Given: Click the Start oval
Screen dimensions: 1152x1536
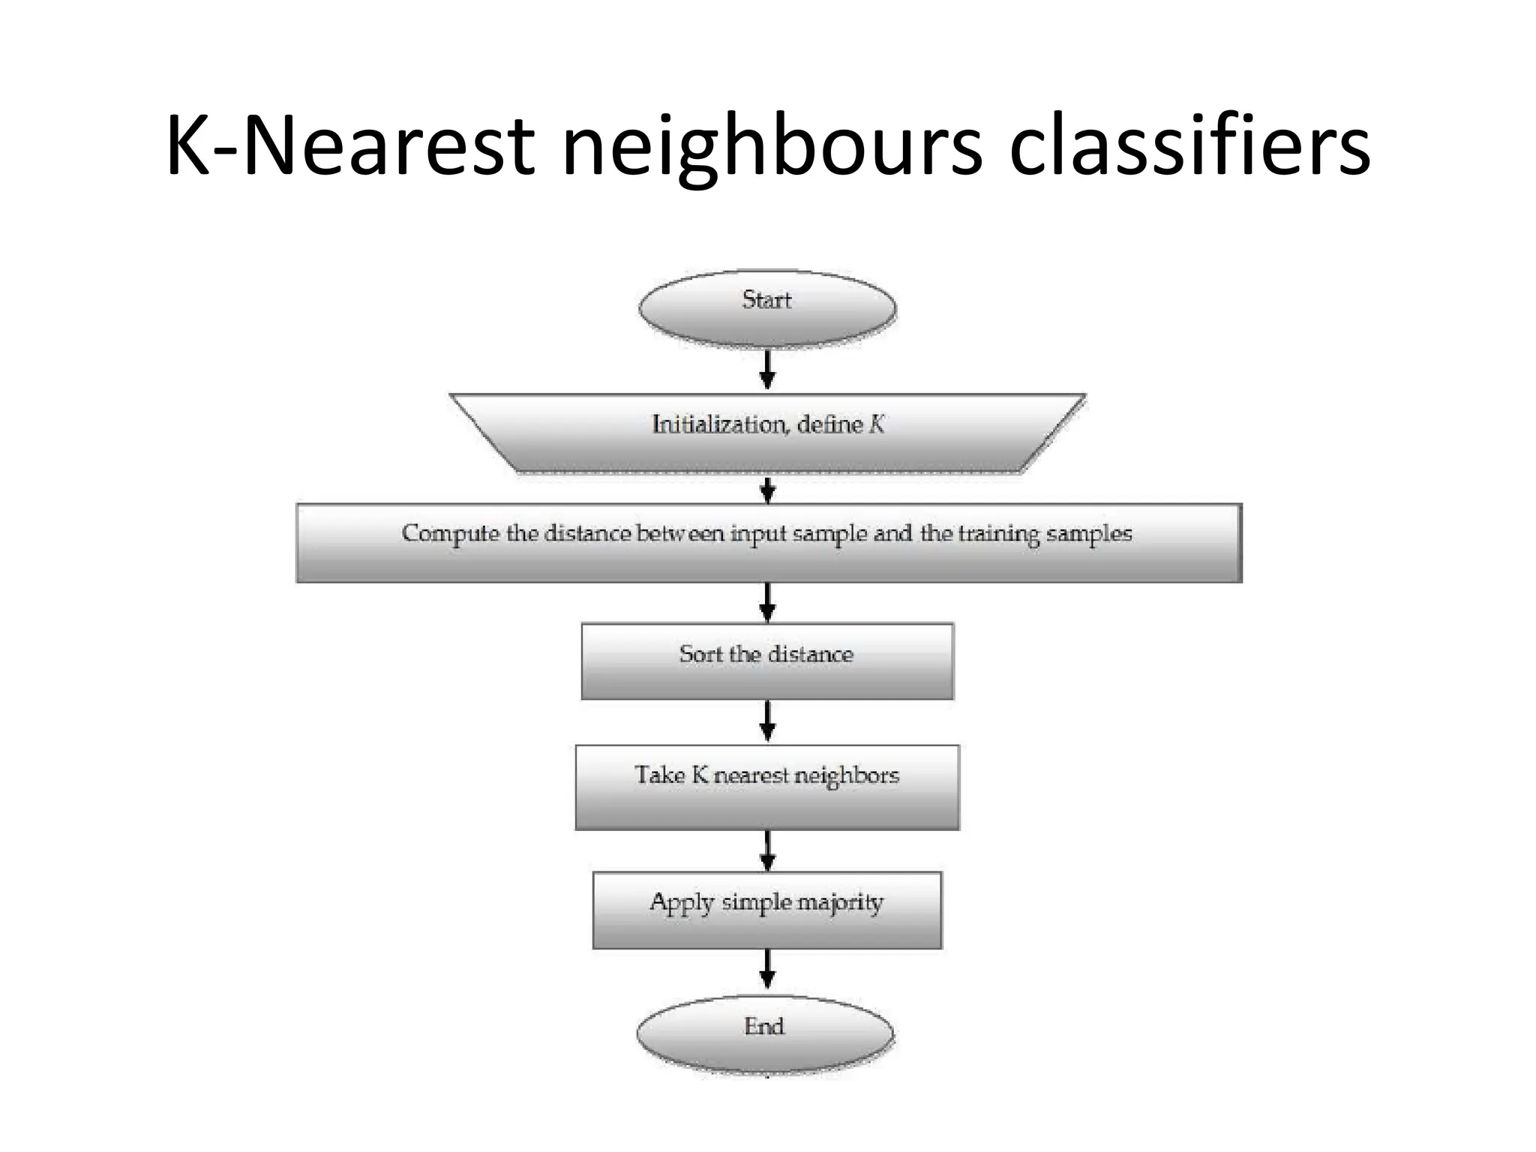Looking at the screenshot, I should click(x=767, y=308).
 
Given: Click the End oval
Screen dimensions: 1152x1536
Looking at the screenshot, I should click(x=765, y=1033).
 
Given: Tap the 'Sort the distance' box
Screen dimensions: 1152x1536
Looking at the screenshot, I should click(x=767, y=661).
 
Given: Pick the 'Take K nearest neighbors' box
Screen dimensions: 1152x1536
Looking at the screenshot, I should click(x=767, y=787).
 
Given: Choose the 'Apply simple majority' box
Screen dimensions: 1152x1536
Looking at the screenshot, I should click(x=767, y=910).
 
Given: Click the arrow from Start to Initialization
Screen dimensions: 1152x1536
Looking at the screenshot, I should click(x=767, y=370).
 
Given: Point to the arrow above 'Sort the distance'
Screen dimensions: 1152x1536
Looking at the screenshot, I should click(x=767, y=602).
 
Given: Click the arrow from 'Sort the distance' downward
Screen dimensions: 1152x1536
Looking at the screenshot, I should click(x=767, y=721).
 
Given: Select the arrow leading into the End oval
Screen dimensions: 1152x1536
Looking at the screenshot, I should click(x=767, y=969).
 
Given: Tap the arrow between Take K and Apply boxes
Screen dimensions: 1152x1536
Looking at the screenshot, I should click(x=767, y=851).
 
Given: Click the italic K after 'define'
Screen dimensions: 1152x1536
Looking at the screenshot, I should click(x=877, y=425).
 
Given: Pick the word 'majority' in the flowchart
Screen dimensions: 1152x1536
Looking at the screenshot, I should click(x=840, y=902).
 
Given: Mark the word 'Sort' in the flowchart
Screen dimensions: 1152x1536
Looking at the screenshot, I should click(x=700, y=654).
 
